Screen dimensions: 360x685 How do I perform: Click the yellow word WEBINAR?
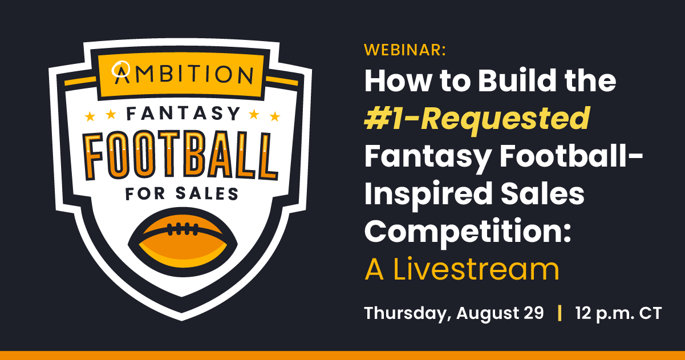point(404,50)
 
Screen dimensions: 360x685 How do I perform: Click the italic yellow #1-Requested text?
point(477,119)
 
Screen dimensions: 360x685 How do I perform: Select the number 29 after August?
point(532,313)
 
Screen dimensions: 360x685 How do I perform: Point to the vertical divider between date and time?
point(560,313)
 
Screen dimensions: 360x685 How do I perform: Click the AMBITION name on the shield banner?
point(183,74)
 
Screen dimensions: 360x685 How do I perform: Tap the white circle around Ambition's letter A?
point(121,69)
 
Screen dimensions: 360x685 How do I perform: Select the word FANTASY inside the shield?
point(183,114)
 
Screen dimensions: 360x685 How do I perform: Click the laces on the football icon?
point(181,229)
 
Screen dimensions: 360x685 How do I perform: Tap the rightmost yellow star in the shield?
point(275,117)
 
